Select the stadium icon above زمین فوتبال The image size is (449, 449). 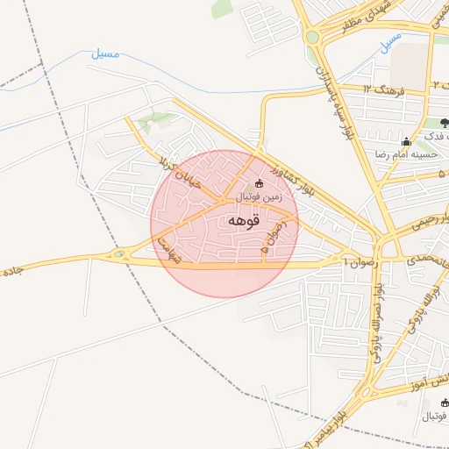tap(258, 183)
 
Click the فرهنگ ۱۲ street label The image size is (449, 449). tap(382, 89)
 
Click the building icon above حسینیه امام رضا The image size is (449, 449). tap(405, 142)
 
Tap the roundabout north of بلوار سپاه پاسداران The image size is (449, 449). tap(312, 37)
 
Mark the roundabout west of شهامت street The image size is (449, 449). tap(118, 255)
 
